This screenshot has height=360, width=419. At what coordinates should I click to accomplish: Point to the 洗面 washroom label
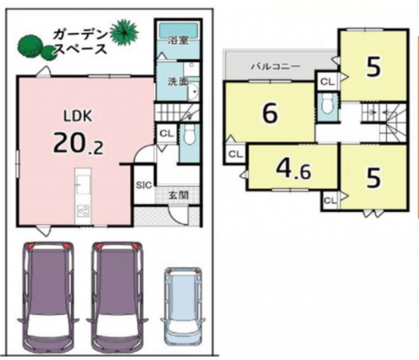coord(177,82)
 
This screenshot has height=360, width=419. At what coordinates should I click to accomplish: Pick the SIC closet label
coord(143,185)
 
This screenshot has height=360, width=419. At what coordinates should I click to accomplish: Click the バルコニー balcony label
coord(276,67)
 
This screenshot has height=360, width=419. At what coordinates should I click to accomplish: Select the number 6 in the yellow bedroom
coord(269,114)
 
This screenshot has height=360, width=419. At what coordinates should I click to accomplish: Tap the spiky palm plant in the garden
coord(125,32)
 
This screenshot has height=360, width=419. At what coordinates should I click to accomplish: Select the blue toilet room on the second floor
coord(327,104)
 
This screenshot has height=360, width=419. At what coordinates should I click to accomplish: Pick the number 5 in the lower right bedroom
coord(373,176)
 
